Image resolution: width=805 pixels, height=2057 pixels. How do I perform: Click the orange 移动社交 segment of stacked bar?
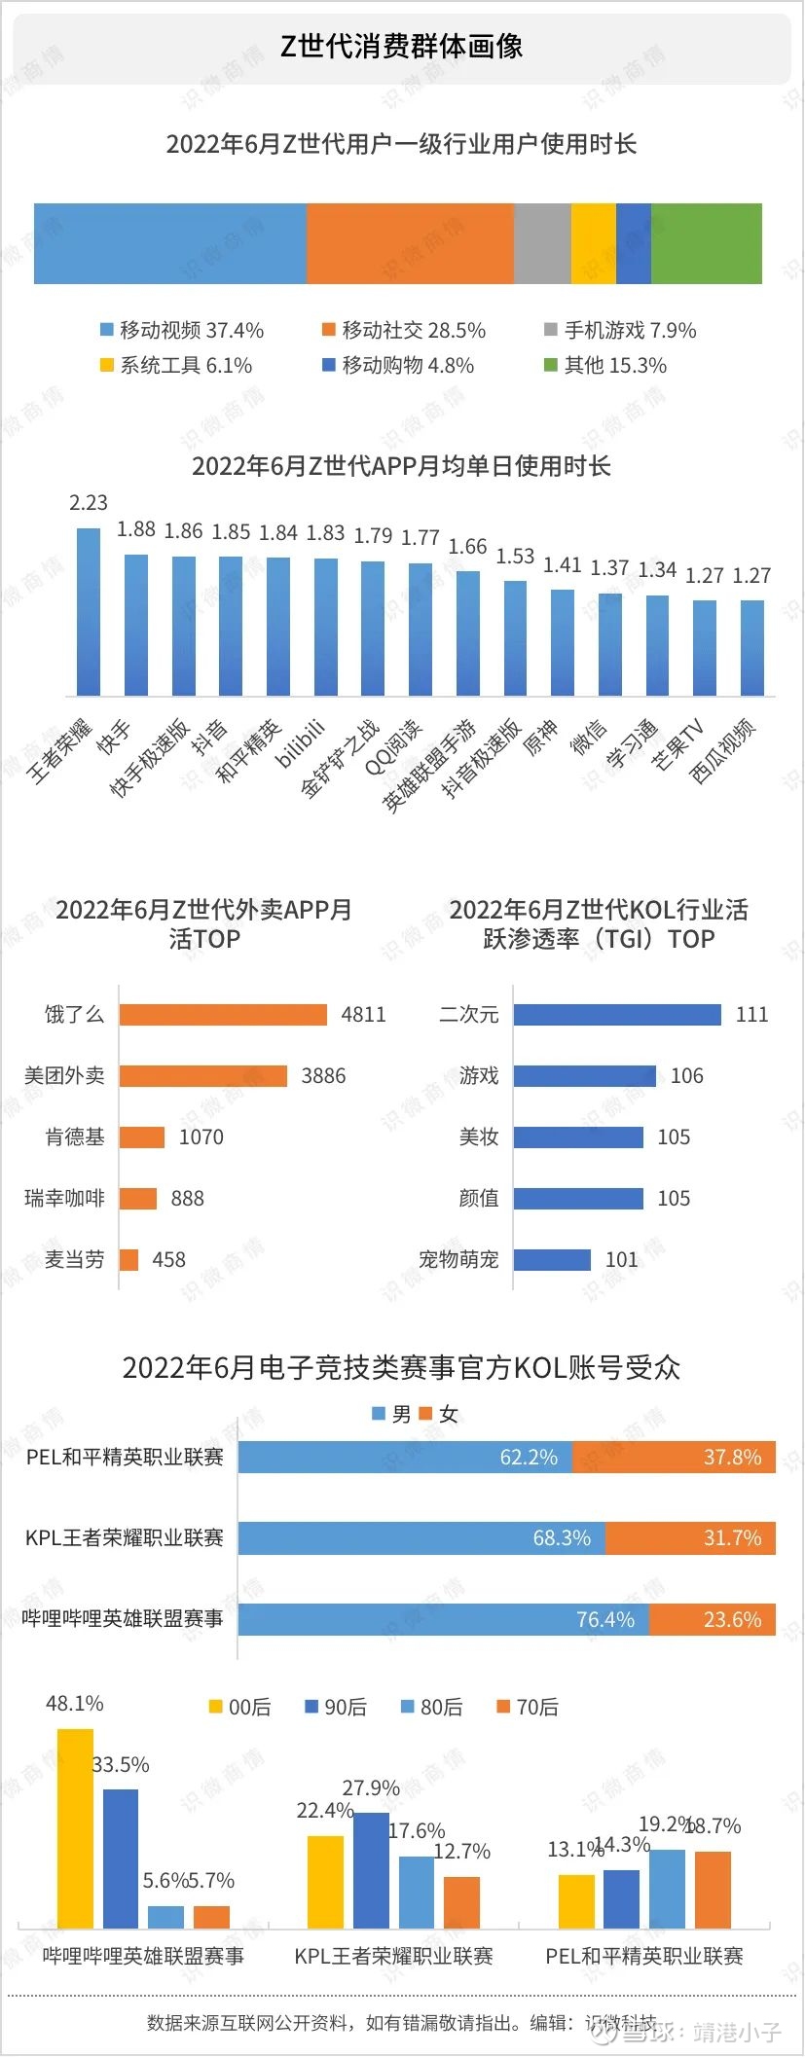410,243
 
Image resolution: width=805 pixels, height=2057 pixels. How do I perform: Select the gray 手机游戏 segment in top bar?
542,243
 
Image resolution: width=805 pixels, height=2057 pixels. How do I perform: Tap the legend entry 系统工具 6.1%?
176,366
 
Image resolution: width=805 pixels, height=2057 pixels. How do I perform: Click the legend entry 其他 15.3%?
604,366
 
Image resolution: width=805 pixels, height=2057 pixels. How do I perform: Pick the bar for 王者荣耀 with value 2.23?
89,612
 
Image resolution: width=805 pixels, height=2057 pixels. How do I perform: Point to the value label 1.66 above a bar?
467,547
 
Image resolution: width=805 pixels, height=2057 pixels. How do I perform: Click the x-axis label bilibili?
300,745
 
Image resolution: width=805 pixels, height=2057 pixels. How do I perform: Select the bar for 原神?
563,642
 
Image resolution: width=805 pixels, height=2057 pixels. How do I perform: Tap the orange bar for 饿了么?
223,1015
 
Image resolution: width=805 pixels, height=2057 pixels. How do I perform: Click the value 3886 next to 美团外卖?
323,1076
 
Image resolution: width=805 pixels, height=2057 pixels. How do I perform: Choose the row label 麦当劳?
74,1260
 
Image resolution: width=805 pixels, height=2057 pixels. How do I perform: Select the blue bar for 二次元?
617,1015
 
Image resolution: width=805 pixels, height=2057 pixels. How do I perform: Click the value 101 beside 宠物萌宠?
621,1260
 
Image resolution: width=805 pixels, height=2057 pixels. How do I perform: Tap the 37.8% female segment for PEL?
674,1458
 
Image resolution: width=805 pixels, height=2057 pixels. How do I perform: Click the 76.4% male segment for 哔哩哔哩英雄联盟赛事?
443,1620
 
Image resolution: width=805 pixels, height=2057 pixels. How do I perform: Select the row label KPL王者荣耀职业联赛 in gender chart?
124,1538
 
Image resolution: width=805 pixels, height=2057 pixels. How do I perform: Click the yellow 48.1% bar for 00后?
75,1828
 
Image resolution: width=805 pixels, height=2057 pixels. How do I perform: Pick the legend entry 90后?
336,1708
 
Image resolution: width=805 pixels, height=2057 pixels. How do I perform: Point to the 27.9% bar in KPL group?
371,1870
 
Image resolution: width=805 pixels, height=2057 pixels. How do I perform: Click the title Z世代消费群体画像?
401,47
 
